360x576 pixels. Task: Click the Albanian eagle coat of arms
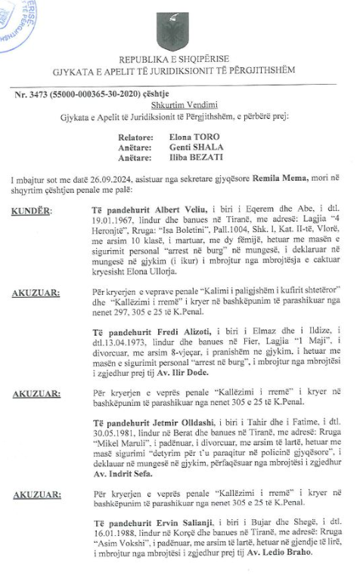[x=172, y=33]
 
